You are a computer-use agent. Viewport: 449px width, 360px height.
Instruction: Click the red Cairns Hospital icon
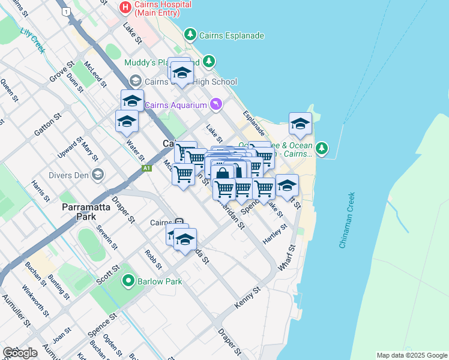click(x=125, y=8)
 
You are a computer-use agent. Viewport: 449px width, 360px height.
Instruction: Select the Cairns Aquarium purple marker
click(x=216, y=105)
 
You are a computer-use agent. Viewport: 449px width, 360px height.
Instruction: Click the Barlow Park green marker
click(x=128, y=280)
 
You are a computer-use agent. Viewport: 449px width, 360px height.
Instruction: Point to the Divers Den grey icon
click(x=98, y=175)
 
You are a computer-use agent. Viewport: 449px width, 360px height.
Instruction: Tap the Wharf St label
click(x=287, y=256)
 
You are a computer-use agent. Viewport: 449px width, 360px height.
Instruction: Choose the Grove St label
click(x=61, y=71)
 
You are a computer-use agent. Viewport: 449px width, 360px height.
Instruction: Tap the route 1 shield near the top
click(x=66, y=11)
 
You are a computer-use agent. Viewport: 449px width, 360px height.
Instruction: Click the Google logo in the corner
click(x=20, y=353)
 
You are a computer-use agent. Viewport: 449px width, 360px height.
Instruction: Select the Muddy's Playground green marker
click(x=209, y=61)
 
